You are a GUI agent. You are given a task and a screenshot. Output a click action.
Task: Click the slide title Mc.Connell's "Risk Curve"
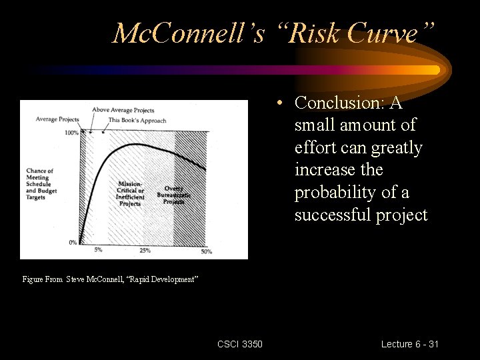tap(273, 33)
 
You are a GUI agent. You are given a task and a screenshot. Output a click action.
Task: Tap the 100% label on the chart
tap(71, 133)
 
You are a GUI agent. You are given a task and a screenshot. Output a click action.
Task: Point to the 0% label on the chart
tap(73, 242)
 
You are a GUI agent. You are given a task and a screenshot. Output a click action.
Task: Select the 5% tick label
tap(98, 250)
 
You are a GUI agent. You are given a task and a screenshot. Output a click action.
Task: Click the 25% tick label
tap(145, 250)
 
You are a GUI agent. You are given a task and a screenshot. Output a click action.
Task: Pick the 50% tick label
tap(206, 251)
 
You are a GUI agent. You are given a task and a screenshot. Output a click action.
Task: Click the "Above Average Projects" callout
tap(123, 110)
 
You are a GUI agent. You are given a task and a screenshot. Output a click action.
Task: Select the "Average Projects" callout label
tap(57, 119)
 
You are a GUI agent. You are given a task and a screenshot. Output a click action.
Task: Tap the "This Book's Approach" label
tap(137, 120)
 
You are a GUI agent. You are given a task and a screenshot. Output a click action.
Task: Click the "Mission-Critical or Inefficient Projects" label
tap(130, 193)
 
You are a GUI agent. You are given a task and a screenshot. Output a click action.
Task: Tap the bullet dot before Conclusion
tap(283, 103)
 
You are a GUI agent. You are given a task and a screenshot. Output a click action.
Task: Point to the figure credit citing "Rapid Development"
tap(111, 279)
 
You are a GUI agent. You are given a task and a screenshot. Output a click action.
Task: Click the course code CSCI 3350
tap(240, 344)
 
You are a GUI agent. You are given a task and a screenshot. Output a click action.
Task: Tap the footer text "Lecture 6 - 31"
tap(409, 344)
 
